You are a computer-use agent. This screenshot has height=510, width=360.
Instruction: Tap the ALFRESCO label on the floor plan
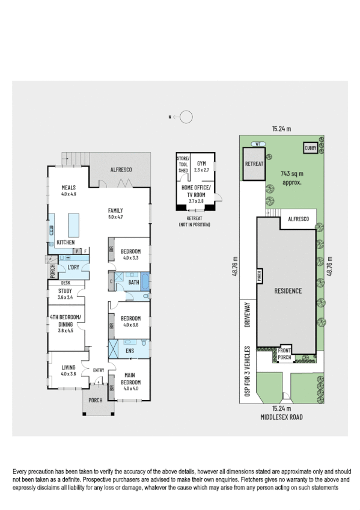coord(121,170)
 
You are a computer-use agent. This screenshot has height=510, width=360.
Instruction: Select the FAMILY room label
coord(115,210)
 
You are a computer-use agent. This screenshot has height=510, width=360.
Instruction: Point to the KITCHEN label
coord(66,242)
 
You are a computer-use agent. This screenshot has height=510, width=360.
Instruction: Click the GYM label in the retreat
coord(201,163)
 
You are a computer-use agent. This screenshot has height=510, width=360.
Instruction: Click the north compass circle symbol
coord(187,117)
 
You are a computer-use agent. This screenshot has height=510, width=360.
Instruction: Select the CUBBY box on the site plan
coord(310,147)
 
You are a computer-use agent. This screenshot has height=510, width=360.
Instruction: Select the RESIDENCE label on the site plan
coord(287,291)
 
